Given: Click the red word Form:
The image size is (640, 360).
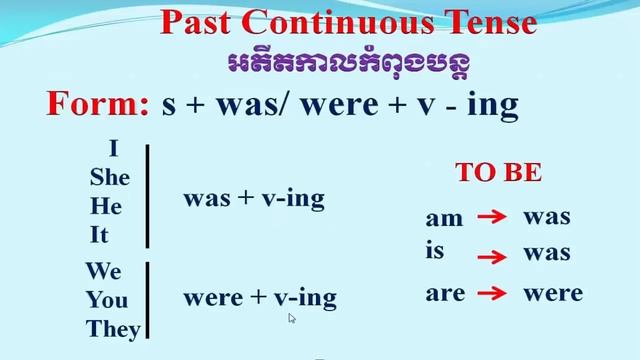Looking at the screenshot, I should [97, 105].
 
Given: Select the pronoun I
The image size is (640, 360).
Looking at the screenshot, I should [113, 149].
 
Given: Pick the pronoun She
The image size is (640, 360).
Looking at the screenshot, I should [110, 177].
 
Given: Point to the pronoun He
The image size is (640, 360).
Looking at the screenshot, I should [106, 206].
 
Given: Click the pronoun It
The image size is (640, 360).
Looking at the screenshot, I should [99, 236].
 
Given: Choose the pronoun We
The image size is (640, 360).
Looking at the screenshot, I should [103, 271].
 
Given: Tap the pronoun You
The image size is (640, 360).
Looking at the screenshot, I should [107, 299].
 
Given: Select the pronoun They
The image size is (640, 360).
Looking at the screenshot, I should [113, 328].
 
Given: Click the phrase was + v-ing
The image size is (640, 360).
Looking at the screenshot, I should [254, 198].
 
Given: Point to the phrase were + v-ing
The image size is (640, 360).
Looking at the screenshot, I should [260, 297].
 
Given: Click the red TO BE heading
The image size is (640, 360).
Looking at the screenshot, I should [499, 172].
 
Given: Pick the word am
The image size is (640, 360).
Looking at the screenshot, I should [445, 218].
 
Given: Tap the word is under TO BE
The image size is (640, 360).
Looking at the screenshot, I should [434, 250].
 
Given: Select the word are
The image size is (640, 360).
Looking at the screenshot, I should [445, 293].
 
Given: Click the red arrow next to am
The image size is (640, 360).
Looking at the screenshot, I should [488, 217].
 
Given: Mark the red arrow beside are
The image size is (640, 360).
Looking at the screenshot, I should [488, 293].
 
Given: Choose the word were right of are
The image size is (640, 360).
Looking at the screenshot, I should [553, 293].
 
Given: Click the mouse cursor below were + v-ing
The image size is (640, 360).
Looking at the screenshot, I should [292, 318].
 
